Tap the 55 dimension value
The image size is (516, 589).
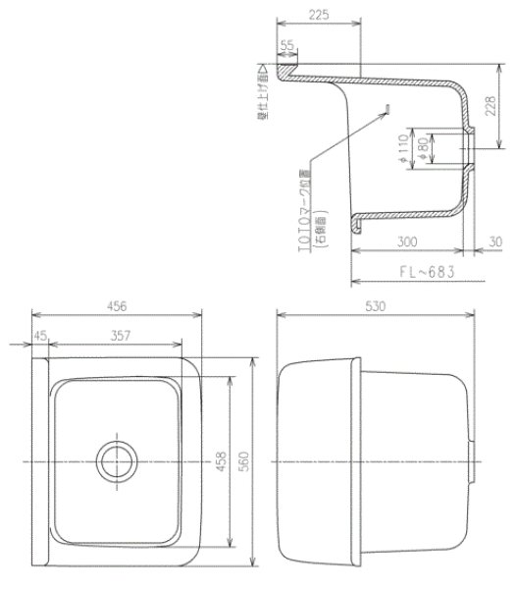click(287, 45)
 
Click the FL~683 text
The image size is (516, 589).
click(424, 269)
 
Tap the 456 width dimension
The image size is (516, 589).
click(118, 306)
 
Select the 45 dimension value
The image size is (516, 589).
click(40, 337)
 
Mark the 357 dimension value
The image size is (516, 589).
click(118, 337)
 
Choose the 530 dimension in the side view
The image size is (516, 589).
click(377, 306)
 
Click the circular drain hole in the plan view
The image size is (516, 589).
click(116, 458)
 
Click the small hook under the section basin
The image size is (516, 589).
click(360, 227)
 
